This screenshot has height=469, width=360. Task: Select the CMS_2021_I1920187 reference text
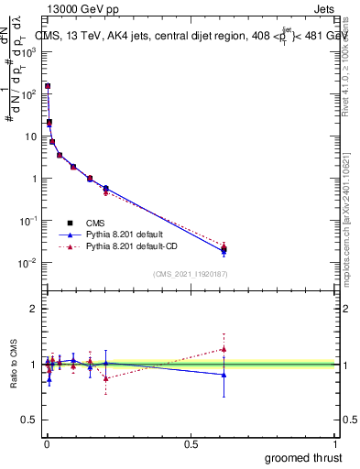click(190, 274)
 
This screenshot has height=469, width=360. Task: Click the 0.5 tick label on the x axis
click(191, 443)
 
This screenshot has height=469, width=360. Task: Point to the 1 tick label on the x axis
click(336, 443)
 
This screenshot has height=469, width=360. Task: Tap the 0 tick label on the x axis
click(46, 443)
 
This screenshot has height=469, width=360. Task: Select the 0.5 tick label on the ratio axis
click(29, 420)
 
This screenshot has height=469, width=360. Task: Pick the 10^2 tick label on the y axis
click(28, 93)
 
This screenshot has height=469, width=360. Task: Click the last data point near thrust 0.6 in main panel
click(224, 248)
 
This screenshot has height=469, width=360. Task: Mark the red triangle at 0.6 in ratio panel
click(224, 349)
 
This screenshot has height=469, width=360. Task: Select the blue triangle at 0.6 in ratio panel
click(224, 374)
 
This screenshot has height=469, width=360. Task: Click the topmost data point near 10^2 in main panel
click(48, 86)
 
